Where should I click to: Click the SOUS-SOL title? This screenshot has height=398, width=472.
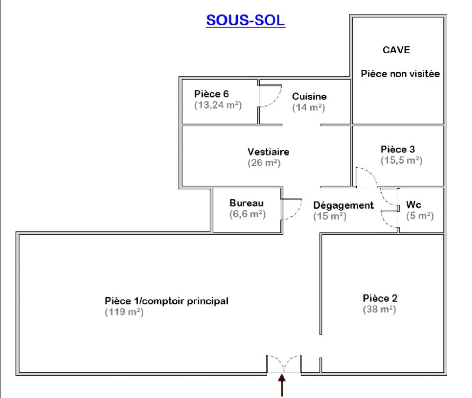click(x=246, y=20)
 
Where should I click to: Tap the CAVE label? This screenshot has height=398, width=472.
click(x=396, y=50)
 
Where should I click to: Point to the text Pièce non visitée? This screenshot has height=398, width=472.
click(x=400, y=74)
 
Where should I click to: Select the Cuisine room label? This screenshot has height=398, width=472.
click(x=309, y=97)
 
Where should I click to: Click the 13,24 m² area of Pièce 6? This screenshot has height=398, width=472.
click(x=218, y=105)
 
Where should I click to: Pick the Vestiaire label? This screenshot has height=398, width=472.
click(x=268, y=152)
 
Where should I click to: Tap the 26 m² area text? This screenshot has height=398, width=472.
click(x=264, y=163)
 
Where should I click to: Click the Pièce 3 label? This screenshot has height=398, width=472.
click(x=398, y=149)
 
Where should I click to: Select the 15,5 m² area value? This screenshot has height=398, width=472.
click(x=402, y=160)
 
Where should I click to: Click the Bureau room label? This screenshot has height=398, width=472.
click(x=246, y=203)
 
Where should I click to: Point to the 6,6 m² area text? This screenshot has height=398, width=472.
click(x=248, y=214)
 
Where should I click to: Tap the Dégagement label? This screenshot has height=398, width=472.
click(x=343, y=205)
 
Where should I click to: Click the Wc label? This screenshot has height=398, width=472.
click(x=414, y=205)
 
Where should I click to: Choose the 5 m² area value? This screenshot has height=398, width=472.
click(x=420, y=216)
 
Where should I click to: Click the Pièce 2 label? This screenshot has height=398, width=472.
click(x=380, y=298)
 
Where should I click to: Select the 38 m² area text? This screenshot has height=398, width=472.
click(x=379, y=309)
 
